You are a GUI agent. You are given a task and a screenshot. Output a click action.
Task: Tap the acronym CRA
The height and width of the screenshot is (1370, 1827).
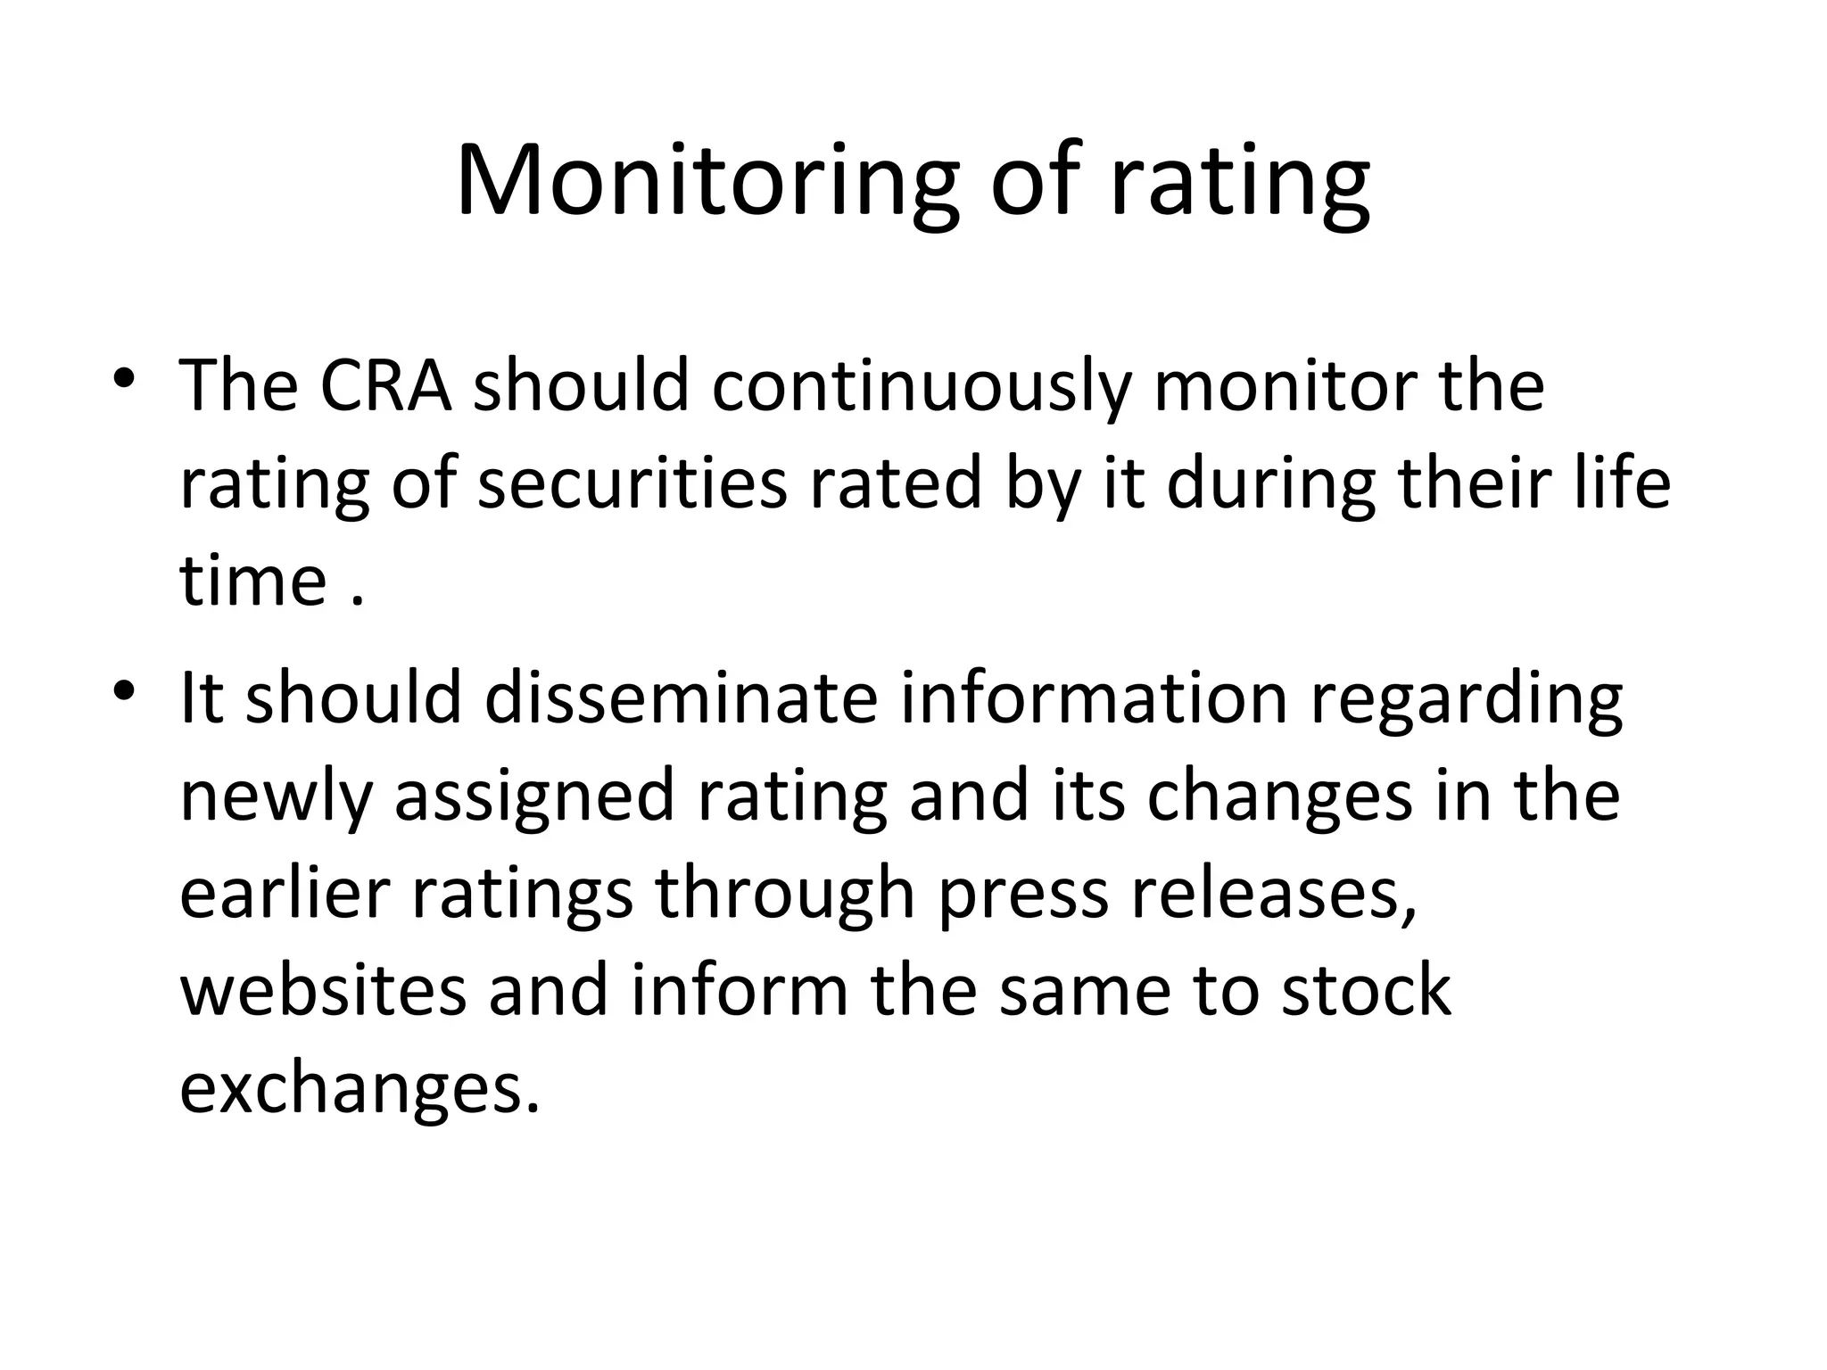385,386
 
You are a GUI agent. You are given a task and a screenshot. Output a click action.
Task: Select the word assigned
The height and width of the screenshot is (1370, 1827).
534,797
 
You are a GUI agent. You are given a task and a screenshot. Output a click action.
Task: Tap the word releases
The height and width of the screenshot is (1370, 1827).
1274,895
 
